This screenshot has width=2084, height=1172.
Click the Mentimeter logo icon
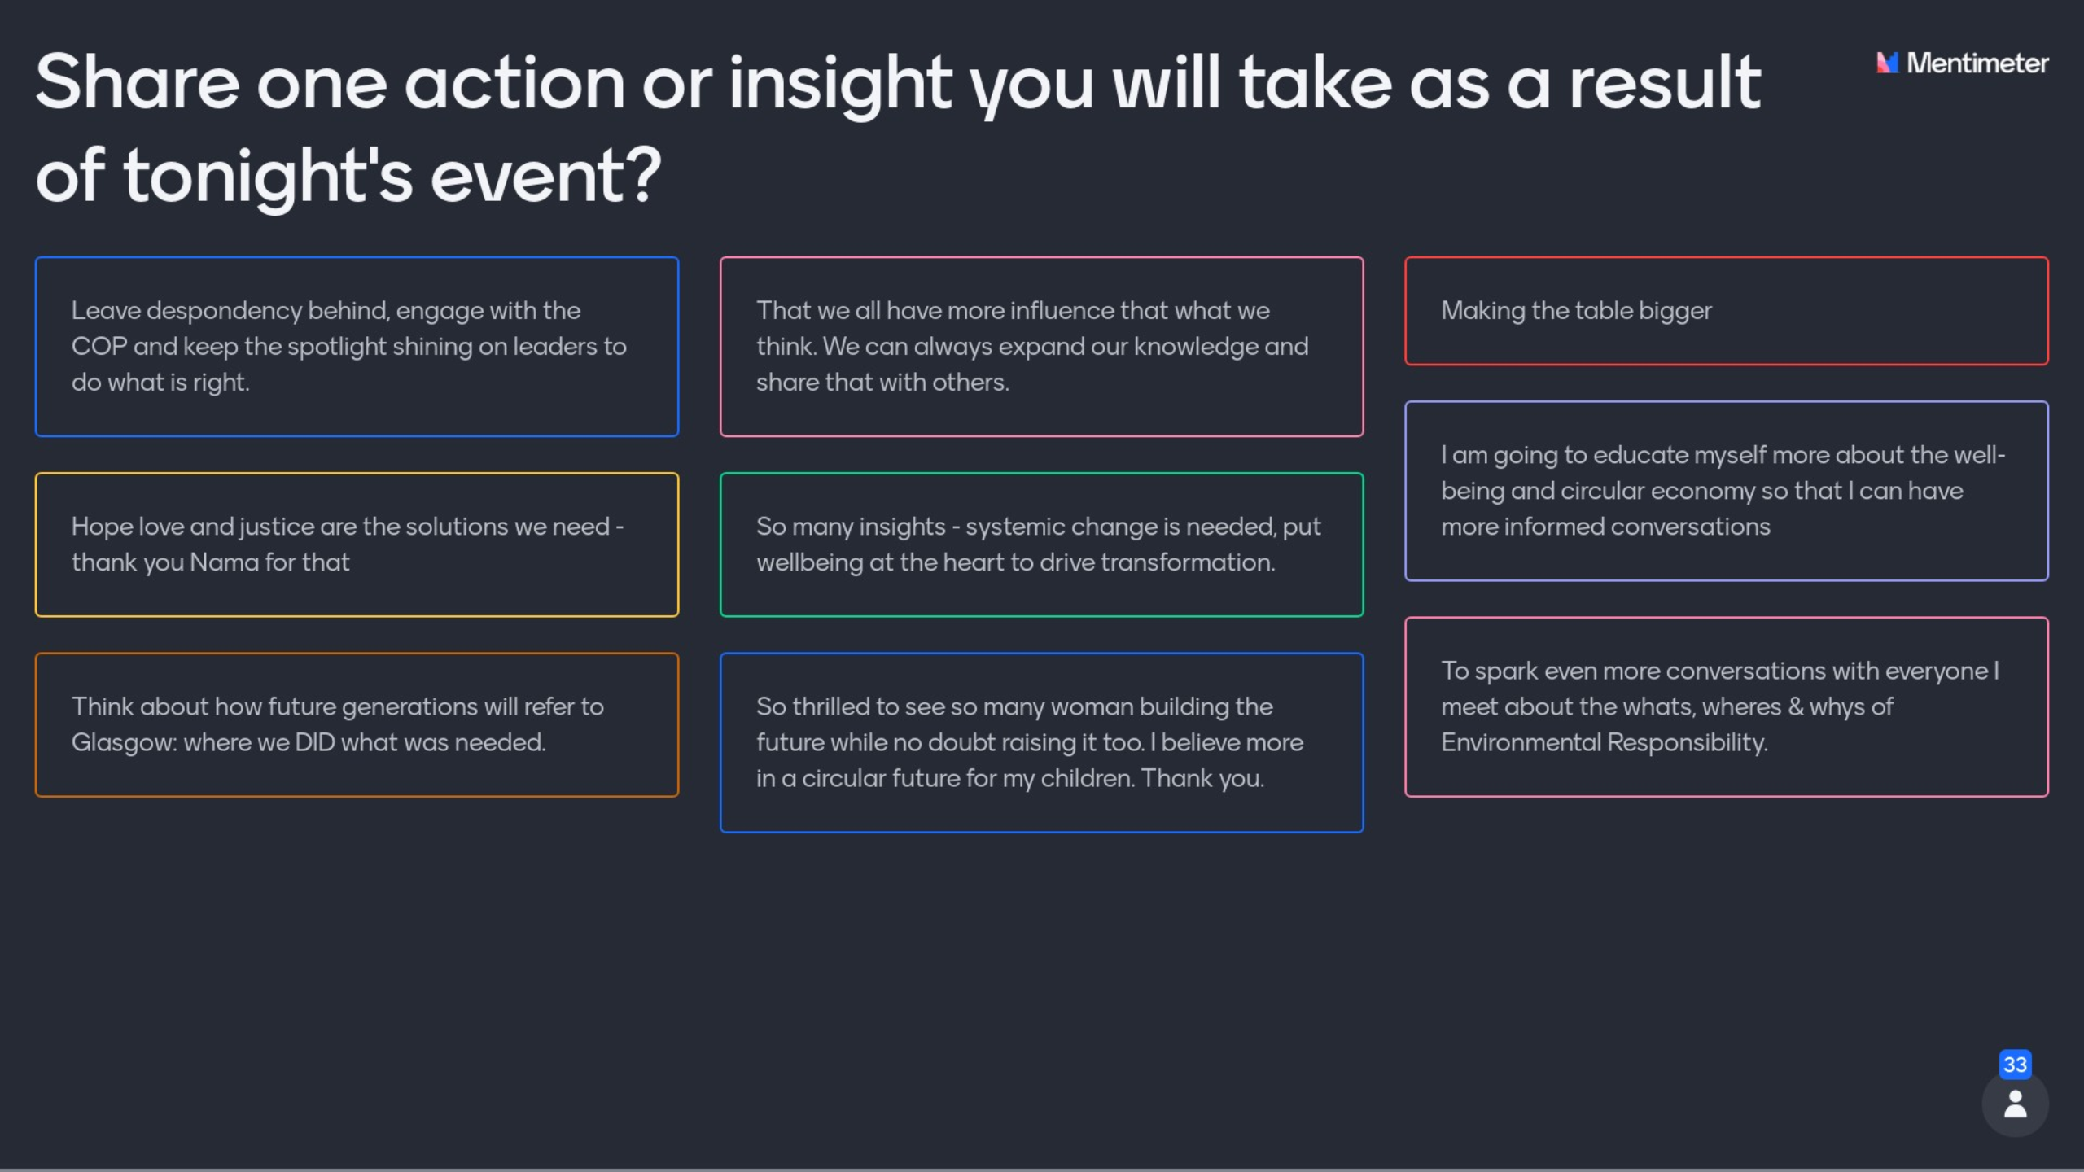tap(1887, 63)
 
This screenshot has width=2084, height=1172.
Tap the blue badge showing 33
tap(2015, 1065)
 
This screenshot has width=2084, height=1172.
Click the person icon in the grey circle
tap(2016, 1104)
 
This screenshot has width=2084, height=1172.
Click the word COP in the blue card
tap(99, 347)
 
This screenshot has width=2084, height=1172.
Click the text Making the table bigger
tap(1576, 312)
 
